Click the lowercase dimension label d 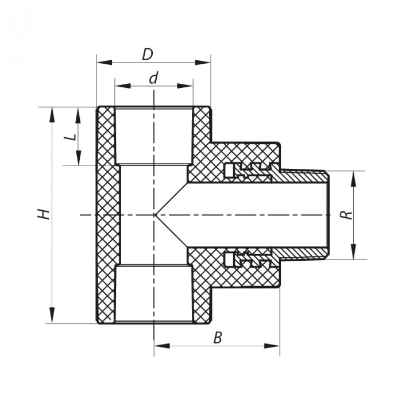pyautogui.click(x=153, y=78)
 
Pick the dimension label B pyautogui.click(x=217, y=338)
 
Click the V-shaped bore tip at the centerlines pyautogui.click(x=156, y=215)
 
